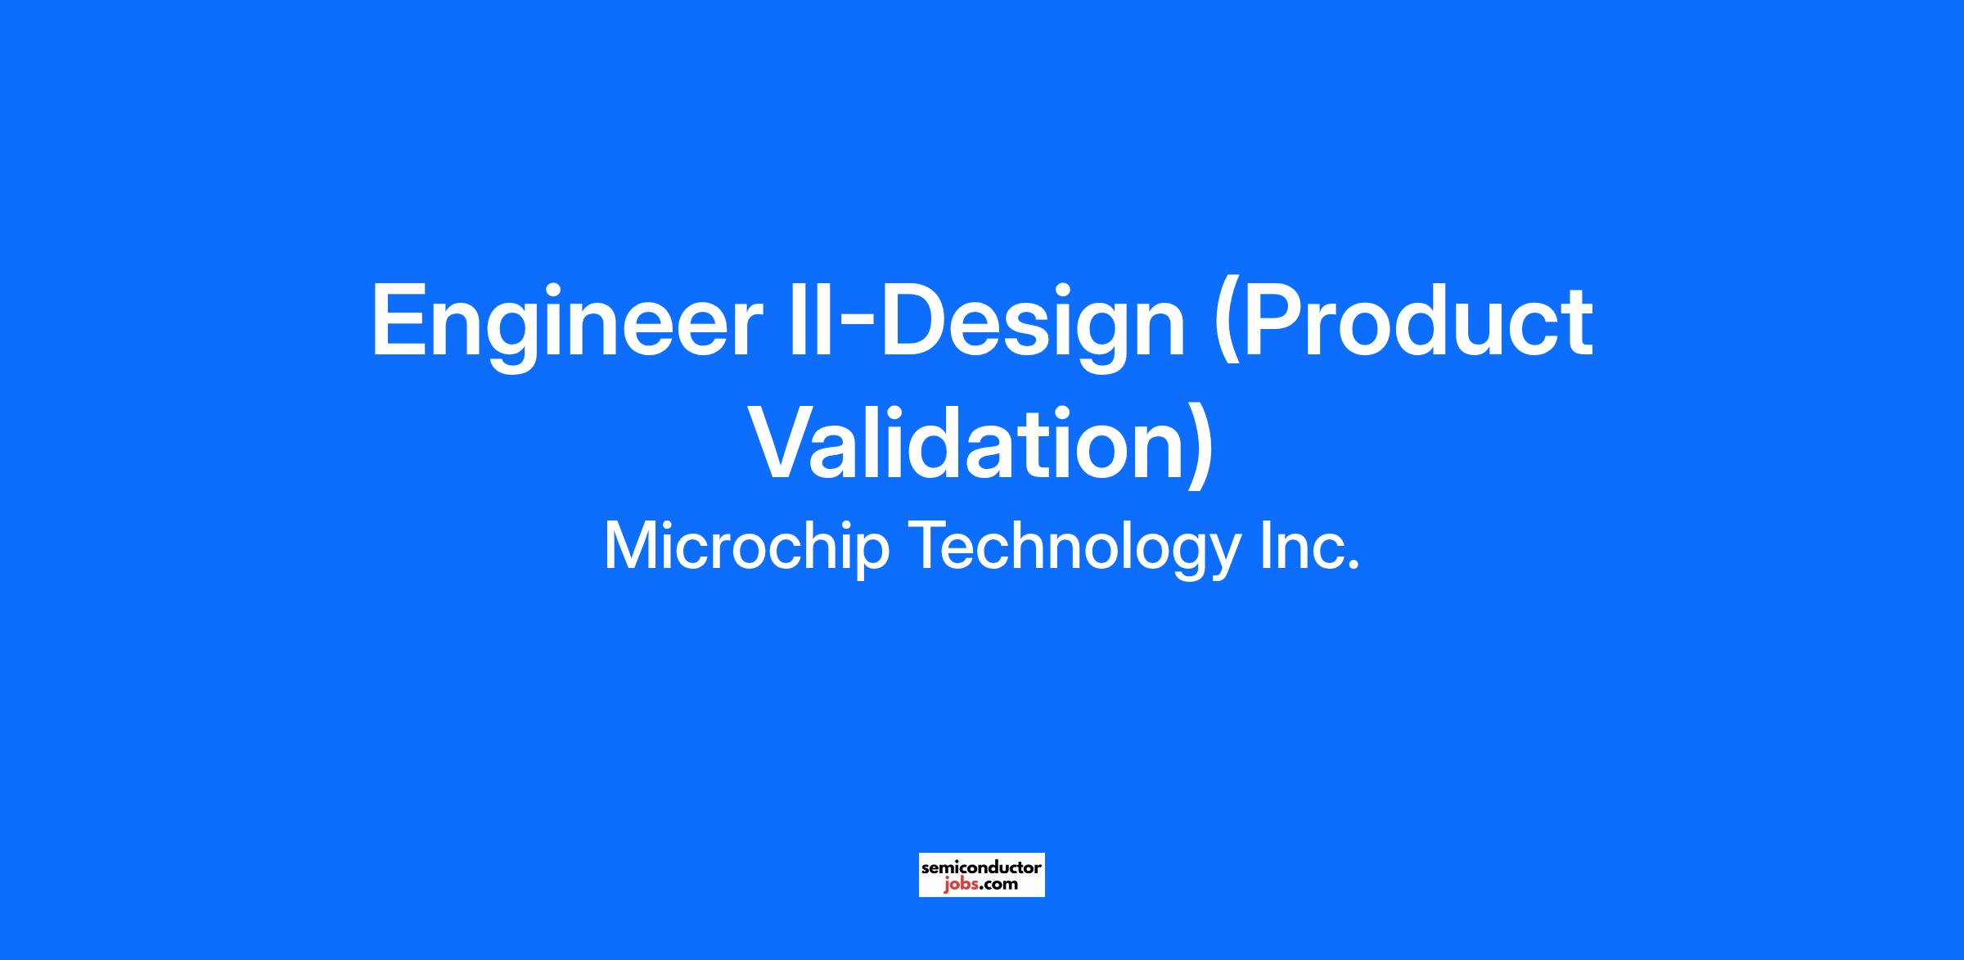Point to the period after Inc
(x=1352, y=565)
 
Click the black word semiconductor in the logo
(x=981, y=867)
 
